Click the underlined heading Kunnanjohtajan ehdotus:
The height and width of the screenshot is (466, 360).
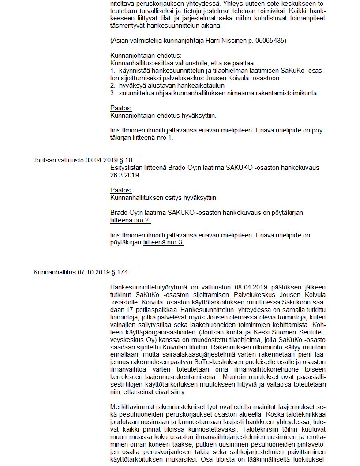pyautogui.click(x=146, y=56)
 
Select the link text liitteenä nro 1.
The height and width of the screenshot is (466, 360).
pyautogui.click(x=153, y=138)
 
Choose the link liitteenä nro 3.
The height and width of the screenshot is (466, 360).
pyautogui.click(x=163, y=242)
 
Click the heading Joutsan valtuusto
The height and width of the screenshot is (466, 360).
pyautogui.click(x=59, y=160)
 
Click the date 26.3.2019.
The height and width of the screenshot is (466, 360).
pyautogui.click(x=125, y=175)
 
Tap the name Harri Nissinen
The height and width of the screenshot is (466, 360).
pyautogui.click(x=221, y=41)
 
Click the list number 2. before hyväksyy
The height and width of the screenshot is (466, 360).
pyautogui.click(x=113, y=85)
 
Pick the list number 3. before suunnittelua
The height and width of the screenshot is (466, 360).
pyautogui.click(x=113, y=93)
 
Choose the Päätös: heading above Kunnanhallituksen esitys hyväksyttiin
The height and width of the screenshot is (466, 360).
pyautogui.click(x=121, y=190)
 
